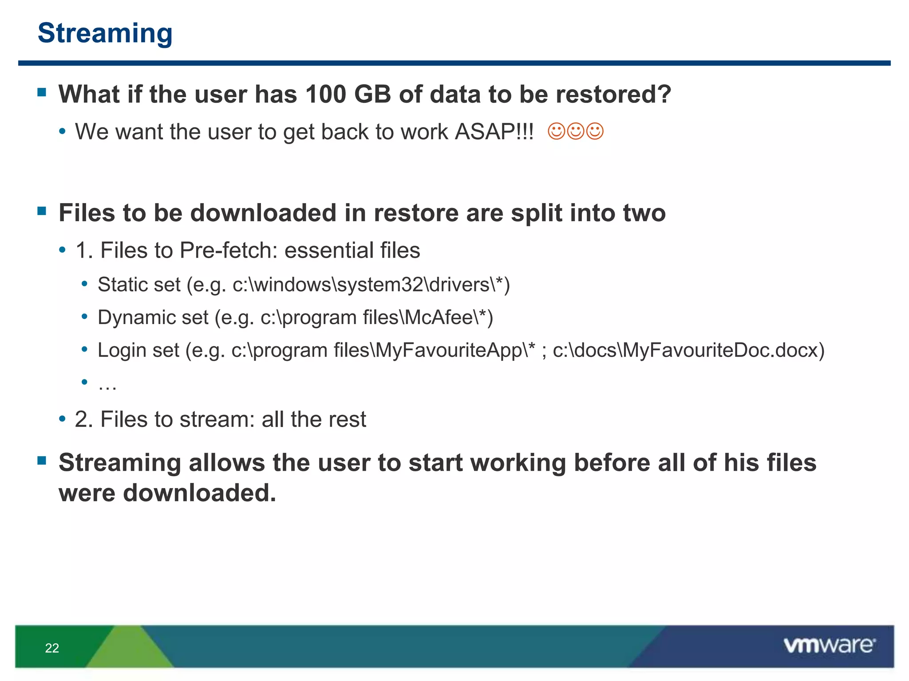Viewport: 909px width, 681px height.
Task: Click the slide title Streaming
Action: pyautogui.click(x=105, y=33)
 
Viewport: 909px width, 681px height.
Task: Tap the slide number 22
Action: pyautogui.click(x=52, y=648)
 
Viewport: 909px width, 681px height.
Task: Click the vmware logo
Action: pyautogui.click(x=829, y=646)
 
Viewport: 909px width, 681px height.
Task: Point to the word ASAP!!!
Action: pyautogui.click(x=494, y=132)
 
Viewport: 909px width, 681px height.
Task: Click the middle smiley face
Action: pyautogui.click(x=576, y=131)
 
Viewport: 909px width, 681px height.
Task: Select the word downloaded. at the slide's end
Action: pyautogui.click(x=199, y=493)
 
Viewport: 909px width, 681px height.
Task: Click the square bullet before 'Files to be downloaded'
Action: pyautogui.click(x=42, y=211)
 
